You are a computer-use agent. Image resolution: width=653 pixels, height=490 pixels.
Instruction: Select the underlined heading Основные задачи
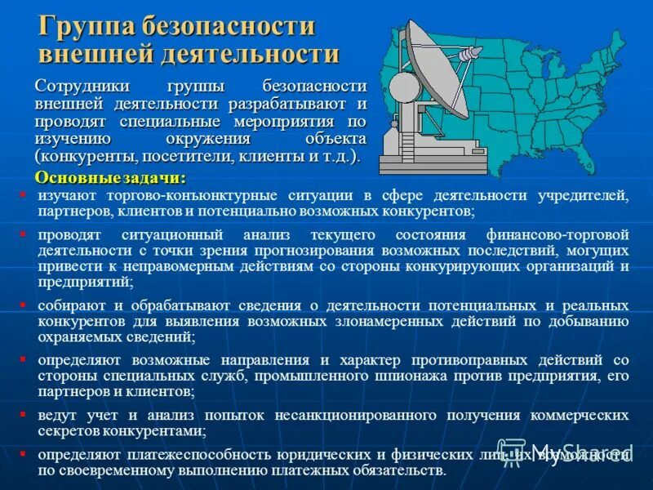[x=110, y=177]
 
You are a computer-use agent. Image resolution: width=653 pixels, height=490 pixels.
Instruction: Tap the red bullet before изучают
[x=23, y=194]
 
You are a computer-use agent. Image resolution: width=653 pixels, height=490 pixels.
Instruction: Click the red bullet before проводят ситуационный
[x=23, y=234]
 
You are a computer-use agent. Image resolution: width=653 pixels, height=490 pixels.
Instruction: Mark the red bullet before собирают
[x=23, y=304]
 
